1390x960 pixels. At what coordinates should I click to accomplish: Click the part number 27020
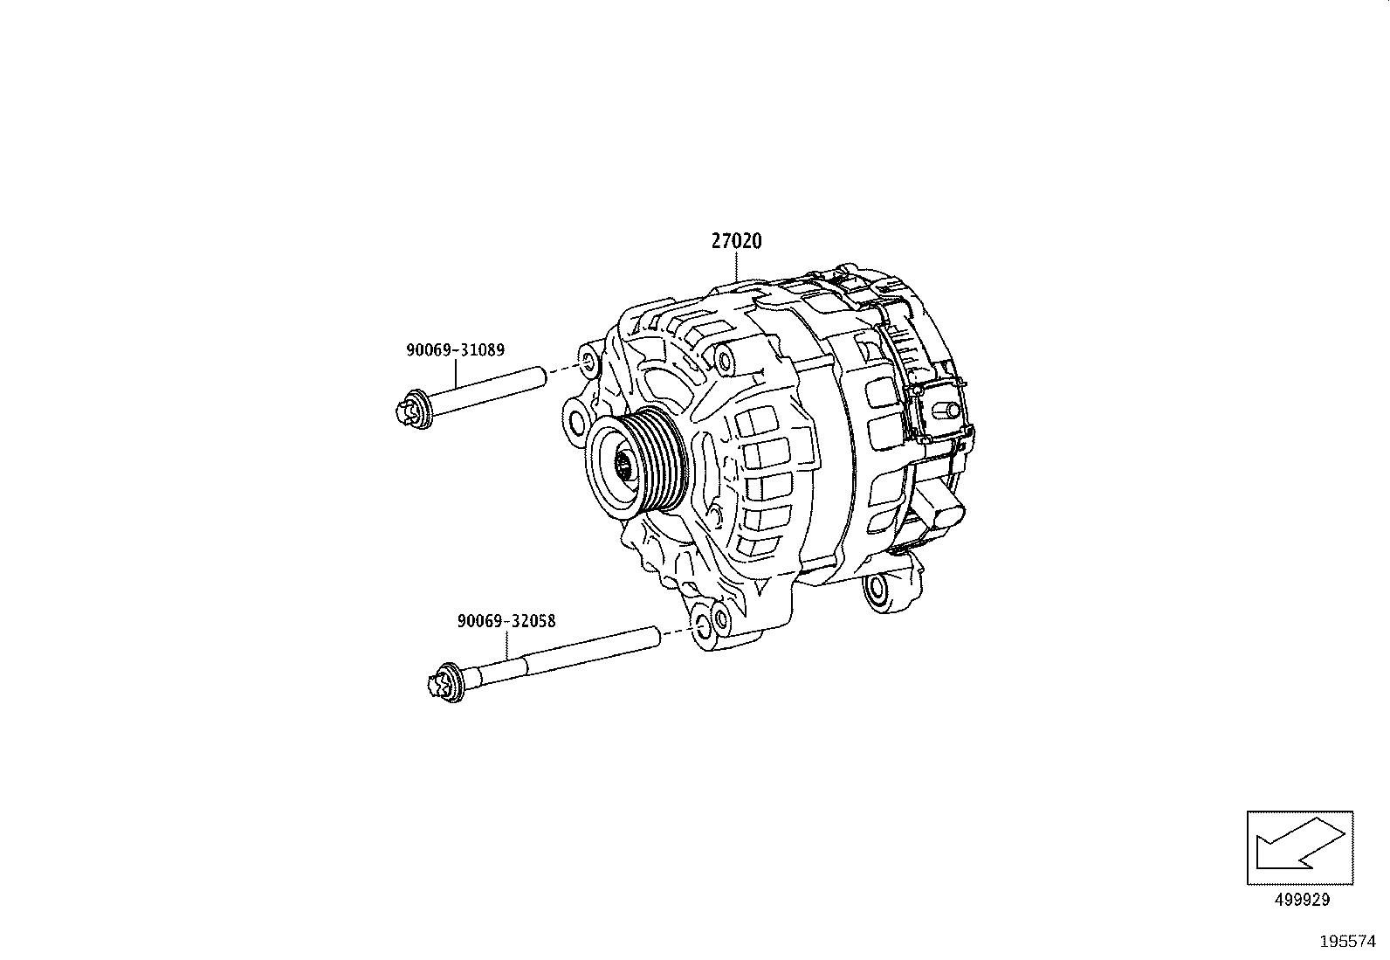point(735,241)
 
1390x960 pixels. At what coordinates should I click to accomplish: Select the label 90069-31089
point(454,349)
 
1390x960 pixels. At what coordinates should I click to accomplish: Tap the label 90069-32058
point(506,621)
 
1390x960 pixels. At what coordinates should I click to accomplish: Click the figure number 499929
point(1300,900)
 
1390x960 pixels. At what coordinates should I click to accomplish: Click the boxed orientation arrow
point(1300,847)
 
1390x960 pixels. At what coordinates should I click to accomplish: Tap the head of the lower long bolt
point(445,682)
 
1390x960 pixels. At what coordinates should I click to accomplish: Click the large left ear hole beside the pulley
point(576,423)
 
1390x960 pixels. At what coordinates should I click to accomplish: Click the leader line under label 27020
point(735,266)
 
